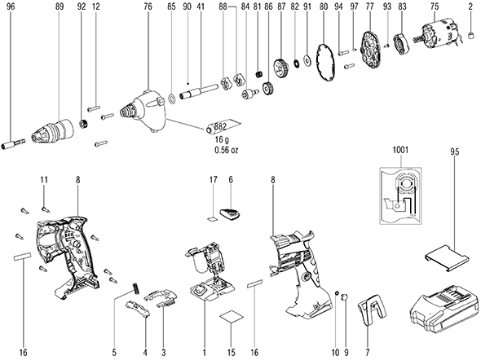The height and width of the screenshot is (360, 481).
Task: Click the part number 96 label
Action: click(11, 7)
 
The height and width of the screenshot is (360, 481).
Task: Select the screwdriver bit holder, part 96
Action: click(14, 143)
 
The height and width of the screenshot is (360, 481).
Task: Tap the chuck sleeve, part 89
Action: click(53, 131)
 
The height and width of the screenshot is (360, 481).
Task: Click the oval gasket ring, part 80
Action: click(326, 64)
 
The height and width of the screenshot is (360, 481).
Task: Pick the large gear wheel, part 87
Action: click(280, 68)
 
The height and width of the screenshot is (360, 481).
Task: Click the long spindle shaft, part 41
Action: click(199, 91)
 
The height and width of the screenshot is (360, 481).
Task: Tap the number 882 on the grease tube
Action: click(220, 126)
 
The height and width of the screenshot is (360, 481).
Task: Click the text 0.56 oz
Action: click(227, 150)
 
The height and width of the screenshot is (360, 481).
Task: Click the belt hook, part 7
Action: click(372, 310)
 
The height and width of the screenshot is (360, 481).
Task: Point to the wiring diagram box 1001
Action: click(400, 196)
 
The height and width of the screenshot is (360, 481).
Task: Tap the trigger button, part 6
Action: click(231, 213)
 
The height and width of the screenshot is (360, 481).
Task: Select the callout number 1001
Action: click(400, 150)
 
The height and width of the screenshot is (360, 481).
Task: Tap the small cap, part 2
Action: click(470, 36)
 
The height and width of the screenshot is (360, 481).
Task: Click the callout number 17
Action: click(214, 179)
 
